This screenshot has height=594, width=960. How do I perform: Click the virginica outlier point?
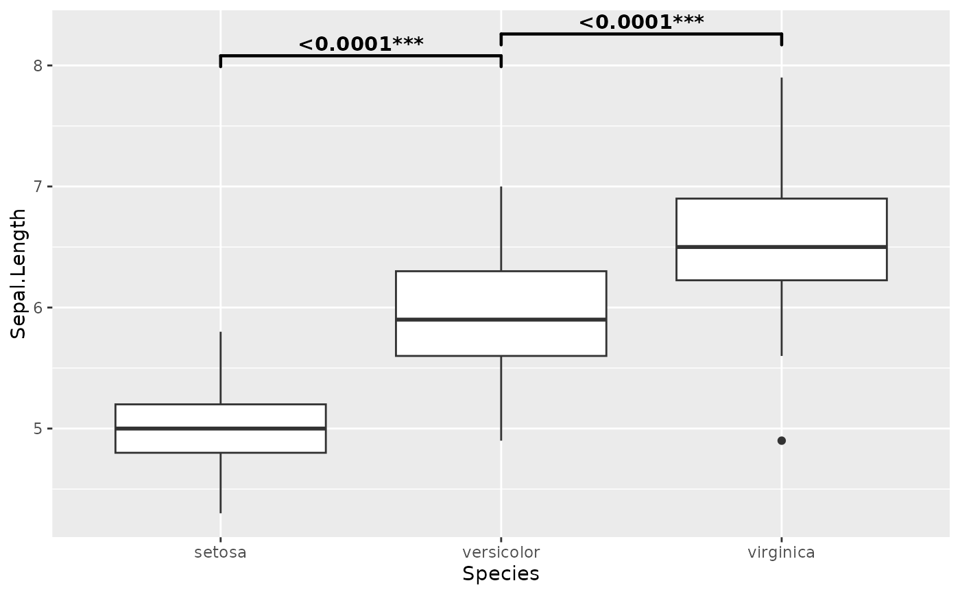782,440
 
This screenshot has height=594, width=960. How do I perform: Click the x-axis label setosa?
220,552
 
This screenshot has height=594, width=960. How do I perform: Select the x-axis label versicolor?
501,552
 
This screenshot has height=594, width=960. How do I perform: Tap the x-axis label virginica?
781,552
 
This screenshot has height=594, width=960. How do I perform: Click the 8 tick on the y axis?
38,66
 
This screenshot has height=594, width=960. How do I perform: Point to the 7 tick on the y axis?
38,187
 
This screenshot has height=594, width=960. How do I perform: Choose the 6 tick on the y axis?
38,307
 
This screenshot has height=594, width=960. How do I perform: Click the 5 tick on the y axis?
38,429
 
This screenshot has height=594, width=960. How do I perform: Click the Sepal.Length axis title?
19,273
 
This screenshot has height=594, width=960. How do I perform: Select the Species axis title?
501,574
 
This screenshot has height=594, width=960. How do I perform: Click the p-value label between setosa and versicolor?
361,44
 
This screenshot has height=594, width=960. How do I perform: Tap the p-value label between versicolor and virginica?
641,22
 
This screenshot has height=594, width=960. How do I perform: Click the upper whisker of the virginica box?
782,137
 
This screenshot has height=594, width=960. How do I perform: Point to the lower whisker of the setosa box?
220,483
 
